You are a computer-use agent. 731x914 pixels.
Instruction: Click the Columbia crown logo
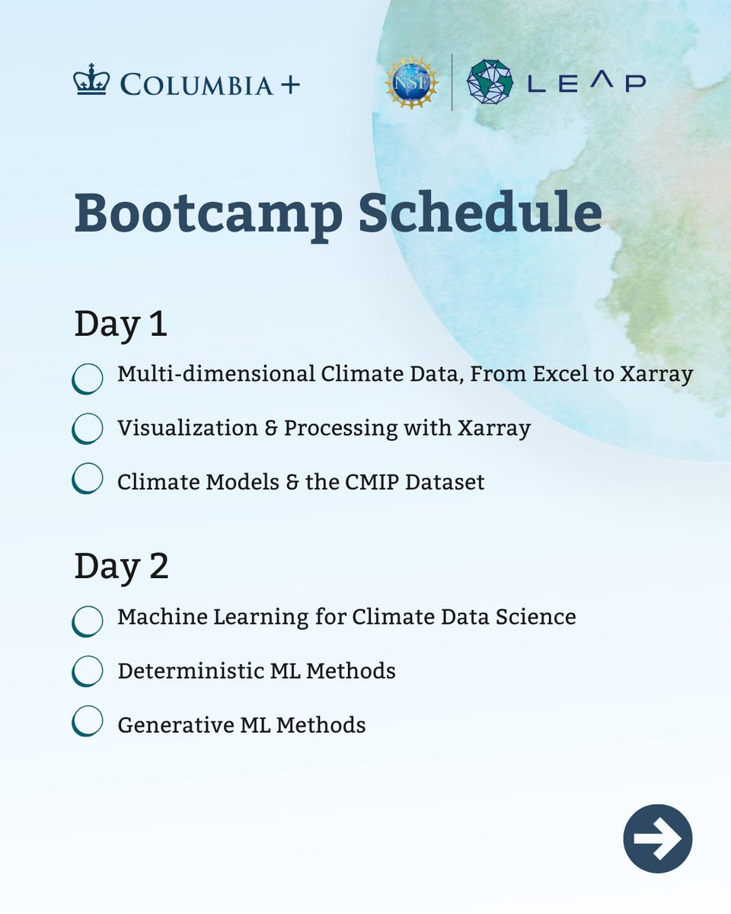point(91,82)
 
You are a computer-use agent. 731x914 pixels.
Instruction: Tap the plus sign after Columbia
point(289,84)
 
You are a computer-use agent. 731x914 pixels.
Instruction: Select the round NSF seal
point(412,82)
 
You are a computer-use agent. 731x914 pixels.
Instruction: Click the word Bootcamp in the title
point(209,214)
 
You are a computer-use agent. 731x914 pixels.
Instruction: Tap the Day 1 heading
point(120,324)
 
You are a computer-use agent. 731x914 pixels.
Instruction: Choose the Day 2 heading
point(121,567)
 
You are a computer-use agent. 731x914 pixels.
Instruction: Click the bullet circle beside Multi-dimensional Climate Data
point(88,378)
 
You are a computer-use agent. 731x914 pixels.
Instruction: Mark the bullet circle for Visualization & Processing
point(88,429)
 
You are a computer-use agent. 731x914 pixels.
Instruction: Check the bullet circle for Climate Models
point(88,478)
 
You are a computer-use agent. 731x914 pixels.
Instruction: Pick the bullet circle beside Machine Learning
point(88,621)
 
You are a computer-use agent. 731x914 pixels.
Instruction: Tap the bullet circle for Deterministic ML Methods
point(88,671)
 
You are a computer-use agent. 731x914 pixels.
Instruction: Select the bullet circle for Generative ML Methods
point(88,721)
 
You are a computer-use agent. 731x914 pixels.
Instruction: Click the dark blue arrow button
point(657,838)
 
